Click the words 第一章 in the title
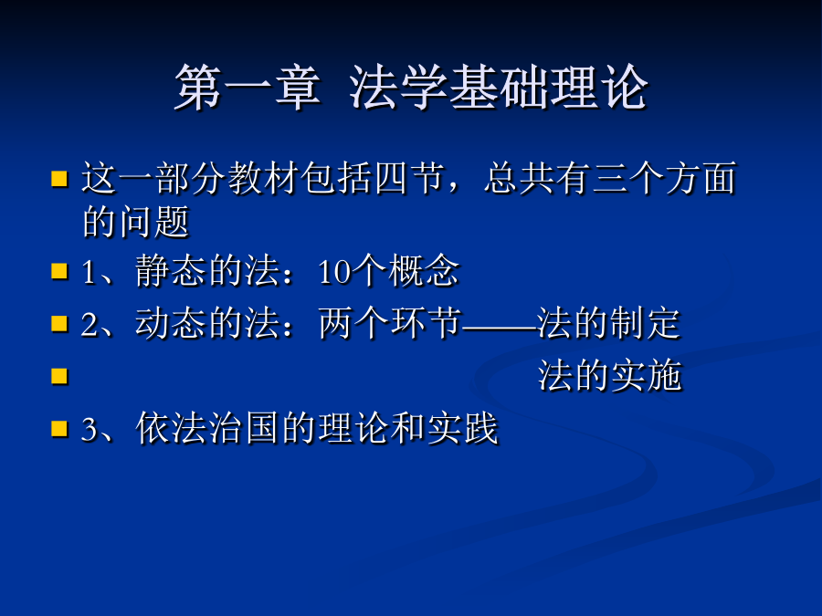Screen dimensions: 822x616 coord(248,88)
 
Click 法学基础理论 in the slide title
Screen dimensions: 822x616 coord(499,88)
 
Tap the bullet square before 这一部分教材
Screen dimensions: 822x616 coord(59,179)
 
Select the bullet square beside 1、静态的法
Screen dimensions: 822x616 coord(59,271)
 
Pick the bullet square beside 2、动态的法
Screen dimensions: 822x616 coord(59,324)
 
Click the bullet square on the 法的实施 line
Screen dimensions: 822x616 coord(59,376)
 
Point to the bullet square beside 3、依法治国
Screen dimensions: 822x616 coord(59,429)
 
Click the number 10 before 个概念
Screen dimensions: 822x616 coord(333,272)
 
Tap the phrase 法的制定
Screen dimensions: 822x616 coord(609,323)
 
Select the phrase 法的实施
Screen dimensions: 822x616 coord(610,376)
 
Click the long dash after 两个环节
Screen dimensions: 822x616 coord(500,329)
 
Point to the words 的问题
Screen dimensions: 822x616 coord(136,222)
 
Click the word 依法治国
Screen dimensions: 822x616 coord(206,428)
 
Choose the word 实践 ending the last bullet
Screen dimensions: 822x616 coord(462,428)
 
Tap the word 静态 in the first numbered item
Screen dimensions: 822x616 coord(171,271)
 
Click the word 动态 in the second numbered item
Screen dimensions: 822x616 coord(171,323)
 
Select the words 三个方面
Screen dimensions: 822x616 coord(665,178)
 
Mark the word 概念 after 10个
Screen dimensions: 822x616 coord(423,271)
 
